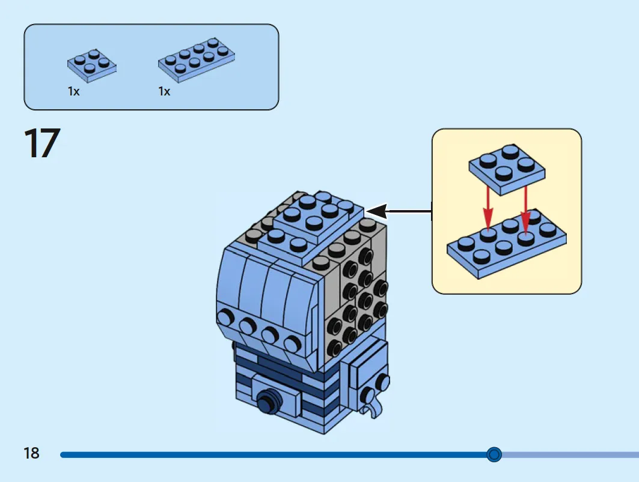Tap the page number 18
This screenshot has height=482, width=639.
[31, 453]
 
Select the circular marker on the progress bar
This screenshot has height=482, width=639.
[494, 454]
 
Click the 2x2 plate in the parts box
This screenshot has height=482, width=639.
[92, 65]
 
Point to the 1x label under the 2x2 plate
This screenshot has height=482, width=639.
[74, 92]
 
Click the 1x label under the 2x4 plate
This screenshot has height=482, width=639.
[164, 92]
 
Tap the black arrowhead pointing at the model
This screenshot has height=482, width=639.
[376, 211]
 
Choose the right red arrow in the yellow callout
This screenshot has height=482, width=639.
[525, 209]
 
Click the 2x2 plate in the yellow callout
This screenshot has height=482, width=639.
[507, 169]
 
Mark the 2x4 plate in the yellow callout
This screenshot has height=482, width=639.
[507, 244]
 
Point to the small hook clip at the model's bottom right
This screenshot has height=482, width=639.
[375, 408]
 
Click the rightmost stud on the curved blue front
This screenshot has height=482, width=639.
[293, 343]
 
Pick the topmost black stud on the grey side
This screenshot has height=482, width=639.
[365, 256]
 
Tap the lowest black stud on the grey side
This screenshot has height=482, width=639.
[334, 349]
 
